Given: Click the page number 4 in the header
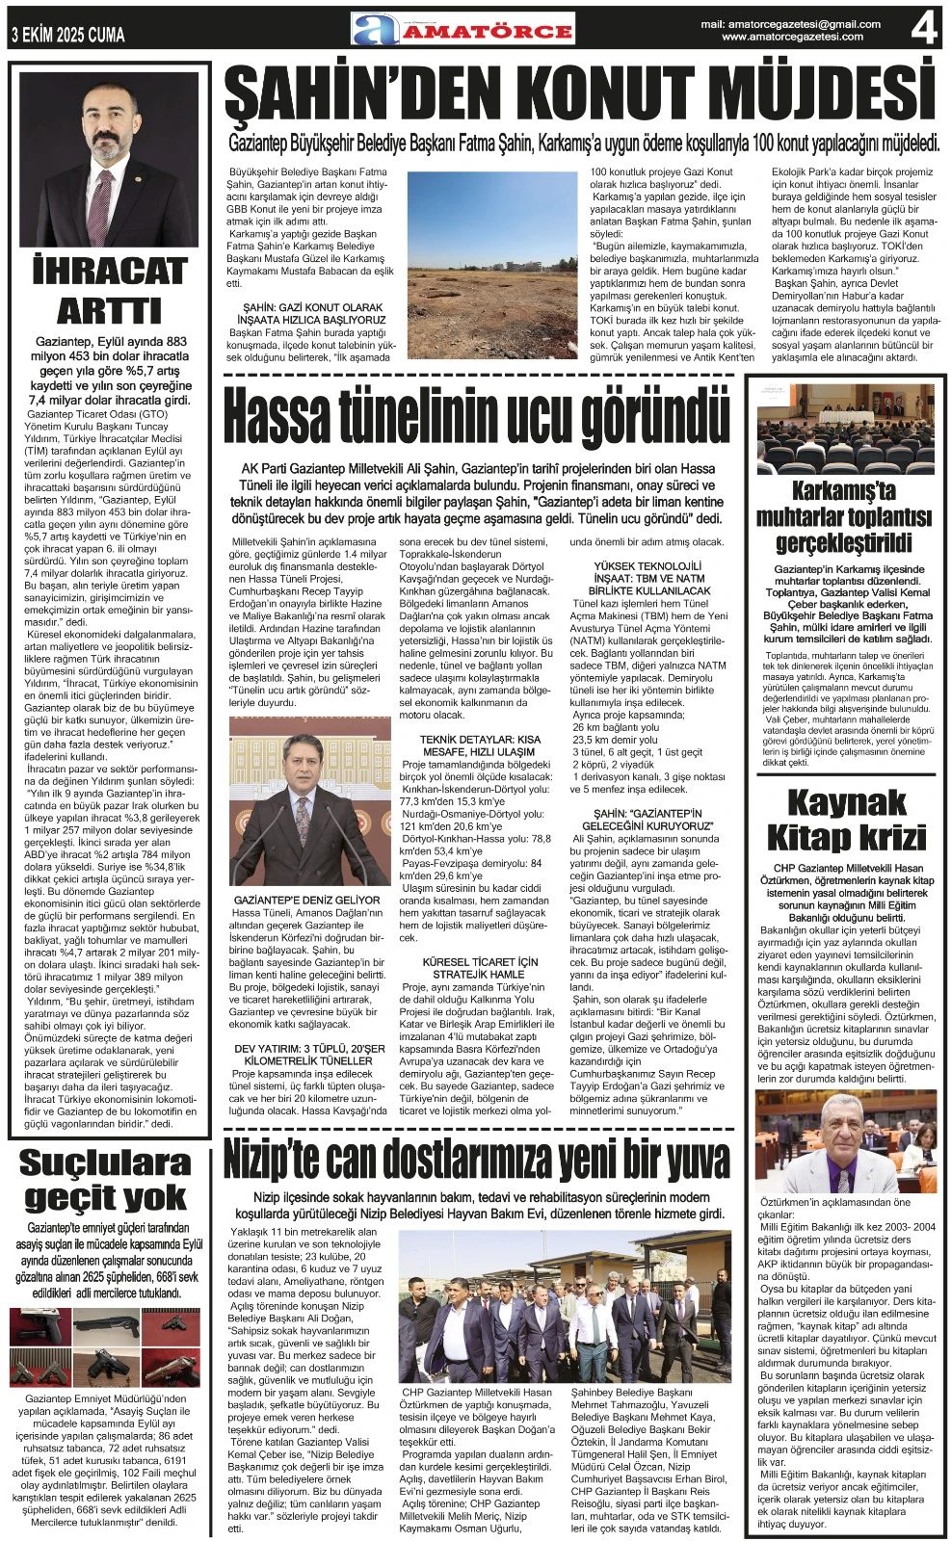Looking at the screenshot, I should [x=923, y=29].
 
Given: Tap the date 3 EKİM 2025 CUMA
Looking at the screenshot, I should [x=68, y=36].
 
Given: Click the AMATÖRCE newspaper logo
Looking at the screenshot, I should [x=462, y=30].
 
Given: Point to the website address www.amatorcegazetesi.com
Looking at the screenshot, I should [x=792, y=38].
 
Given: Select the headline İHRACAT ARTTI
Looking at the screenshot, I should [x=109, y=291].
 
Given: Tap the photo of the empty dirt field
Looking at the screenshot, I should [x=492, y=263].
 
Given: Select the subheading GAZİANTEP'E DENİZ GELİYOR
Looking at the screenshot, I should [x=307, y=900].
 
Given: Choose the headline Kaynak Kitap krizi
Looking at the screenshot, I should [x=846, y=820].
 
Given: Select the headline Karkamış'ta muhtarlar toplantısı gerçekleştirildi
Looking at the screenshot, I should [x=844, y=517].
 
